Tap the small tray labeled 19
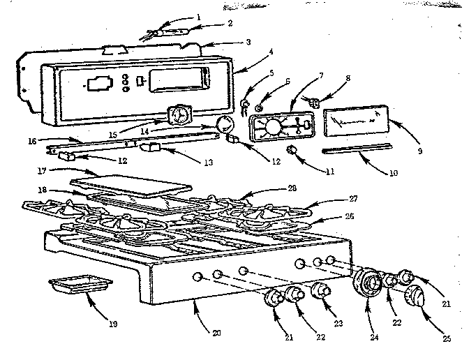(81, 285)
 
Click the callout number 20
(217, 333)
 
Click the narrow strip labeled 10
(356, 149)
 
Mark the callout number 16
(33, 140)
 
